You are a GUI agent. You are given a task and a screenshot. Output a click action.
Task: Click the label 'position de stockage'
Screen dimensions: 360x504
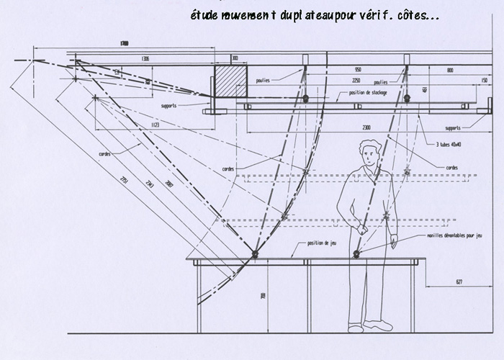(368, 92)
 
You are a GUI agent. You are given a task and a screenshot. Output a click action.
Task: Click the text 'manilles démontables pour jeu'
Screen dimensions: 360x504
(462, 236)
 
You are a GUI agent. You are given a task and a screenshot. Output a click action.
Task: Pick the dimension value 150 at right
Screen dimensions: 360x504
(485, 80)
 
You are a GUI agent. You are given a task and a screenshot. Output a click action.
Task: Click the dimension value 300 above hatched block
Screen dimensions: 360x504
(234, 58)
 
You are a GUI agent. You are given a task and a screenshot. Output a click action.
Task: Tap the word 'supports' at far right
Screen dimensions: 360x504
(453, 128)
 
